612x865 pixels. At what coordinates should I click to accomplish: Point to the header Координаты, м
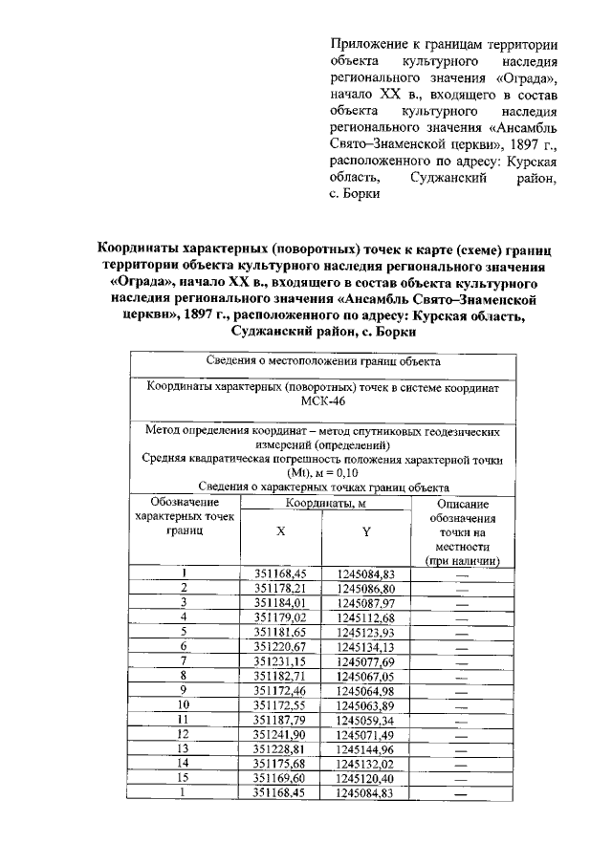[x=322, y=503]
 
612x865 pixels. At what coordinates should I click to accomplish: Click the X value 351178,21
[x=279, y=589]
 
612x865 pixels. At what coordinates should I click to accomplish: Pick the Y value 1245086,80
[x=366, y=589]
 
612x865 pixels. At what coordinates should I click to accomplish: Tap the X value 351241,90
[x=279, y=735]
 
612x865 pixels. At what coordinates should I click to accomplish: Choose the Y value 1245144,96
[x=366, y=750]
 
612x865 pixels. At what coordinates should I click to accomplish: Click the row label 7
[x=185, y=661]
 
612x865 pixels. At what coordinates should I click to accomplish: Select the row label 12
[x=185, y=735]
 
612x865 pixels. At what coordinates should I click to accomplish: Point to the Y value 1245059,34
[x=366, y=721]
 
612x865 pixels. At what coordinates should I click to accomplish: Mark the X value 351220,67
[x=279, y=647]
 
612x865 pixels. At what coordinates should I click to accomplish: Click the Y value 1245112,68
[x=366, y=617]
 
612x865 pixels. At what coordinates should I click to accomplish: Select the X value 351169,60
[x=279, y=779]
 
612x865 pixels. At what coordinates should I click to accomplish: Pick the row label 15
[x=185, y=779]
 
